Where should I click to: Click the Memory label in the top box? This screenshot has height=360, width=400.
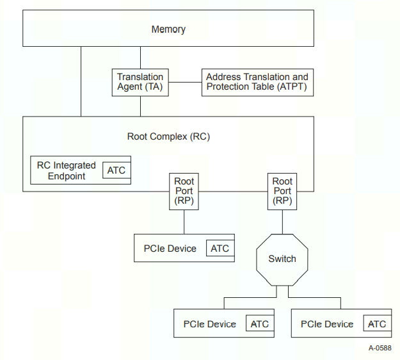coord(168,29)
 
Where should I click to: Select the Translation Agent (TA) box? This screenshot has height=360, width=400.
coord(140,82)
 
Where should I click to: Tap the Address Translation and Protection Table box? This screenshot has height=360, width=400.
coord(257,82)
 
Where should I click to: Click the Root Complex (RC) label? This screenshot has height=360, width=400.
coord(168,136)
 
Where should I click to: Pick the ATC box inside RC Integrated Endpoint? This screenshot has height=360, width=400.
coord(116,170)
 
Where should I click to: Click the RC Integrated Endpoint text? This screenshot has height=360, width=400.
coord(67,170)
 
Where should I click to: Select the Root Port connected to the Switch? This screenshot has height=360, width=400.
coord(282,191)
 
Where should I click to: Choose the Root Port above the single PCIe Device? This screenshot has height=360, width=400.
coord(184,191)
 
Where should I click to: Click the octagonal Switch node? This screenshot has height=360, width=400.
coord(282,259)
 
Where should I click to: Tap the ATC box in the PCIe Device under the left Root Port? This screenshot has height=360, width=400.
coord(220,249)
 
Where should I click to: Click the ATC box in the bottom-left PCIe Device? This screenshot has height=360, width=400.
coord(259,324)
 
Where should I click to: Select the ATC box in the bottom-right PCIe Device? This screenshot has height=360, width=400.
coord(376,324)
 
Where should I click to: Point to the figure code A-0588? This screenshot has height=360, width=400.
coord(380,348)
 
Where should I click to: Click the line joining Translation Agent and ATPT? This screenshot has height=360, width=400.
coord(186,82)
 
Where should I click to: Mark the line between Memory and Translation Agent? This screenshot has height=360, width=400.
coord(140,57)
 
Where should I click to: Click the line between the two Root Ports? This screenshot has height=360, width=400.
coord(233,191)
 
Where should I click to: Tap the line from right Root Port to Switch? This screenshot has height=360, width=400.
coord(282,221)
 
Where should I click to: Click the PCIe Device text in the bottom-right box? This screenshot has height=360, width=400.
coord(327,324)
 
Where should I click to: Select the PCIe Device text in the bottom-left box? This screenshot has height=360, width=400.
coord(210,324)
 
